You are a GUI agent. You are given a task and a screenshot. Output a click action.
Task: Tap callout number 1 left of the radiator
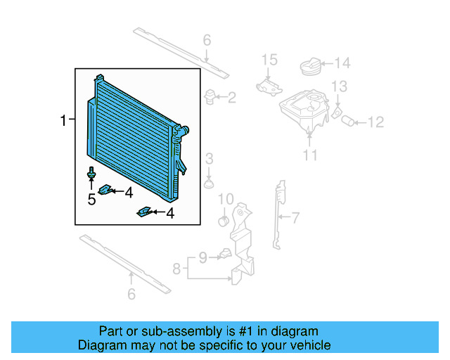pos(64,121)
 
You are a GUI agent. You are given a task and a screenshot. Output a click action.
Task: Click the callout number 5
pos(91,200)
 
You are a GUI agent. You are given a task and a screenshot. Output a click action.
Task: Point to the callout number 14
pos(341,64)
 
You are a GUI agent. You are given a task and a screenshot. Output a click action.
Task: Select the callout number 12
pos(375,122)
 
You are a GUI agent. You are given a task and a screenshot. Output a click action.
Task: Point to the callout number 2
pos(231,98)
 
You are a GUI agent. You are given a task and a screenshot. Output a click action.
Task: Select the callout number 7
pos(295,217)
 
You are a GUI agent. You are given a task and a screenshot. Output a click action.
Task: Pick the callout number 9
pos(202,257)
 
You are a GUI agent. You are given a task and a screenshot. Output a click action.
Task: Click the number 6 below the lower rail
pos(131,295)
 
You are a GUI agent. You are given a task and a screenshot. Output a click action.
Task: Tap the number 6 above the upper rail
pos(207,39)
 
